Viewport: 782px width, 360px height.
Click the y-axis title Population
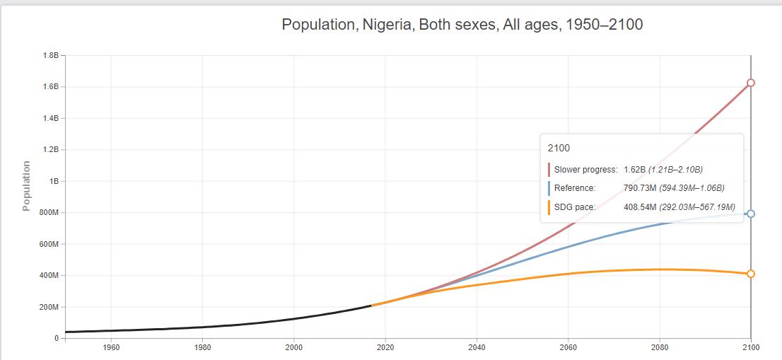click(x=27, y=186)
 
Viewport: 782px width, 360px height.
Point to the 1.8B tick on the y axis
click(x=52, y=55)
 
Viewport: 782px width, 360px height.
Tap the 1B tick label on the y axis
click(x=54, y=181)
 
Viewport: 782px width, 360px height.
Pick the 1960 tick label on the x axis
click(x=110, y=347)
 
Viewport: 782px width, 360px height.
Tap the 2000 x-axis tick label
click(x=294, y=347)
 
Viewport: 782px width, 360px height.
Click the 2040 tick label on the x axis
click(x=477, y=347)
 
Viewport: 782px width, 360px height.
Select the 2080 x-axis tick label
click(x=660, y=347)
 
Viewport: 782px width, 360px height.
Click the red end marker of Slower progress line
click(x=751, y=83)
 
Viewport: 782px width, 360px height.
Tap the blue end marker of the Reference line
click(x=751, y=214)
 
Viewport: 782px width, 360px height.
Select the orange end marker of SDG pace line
click(x=751, y=274)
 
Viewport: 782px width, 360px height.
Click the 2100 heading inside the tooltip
click(x=559, y=149)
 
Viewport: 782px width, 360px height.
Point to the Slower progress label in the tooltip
click(x=585, y=170)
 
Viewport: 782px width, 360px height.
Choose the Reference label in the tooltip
click(x=574, y=188)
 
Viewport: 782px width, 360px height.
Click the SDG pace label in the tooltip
click(x=575, y=207)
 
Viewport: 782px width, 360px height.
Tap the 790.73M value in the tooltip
click(x=639, y=188)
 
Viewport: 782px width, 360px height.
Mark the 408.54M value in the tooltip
click(x=639, y=207)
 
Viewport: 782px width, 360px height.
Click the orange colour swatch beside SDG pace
click(x=549, y=207)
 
